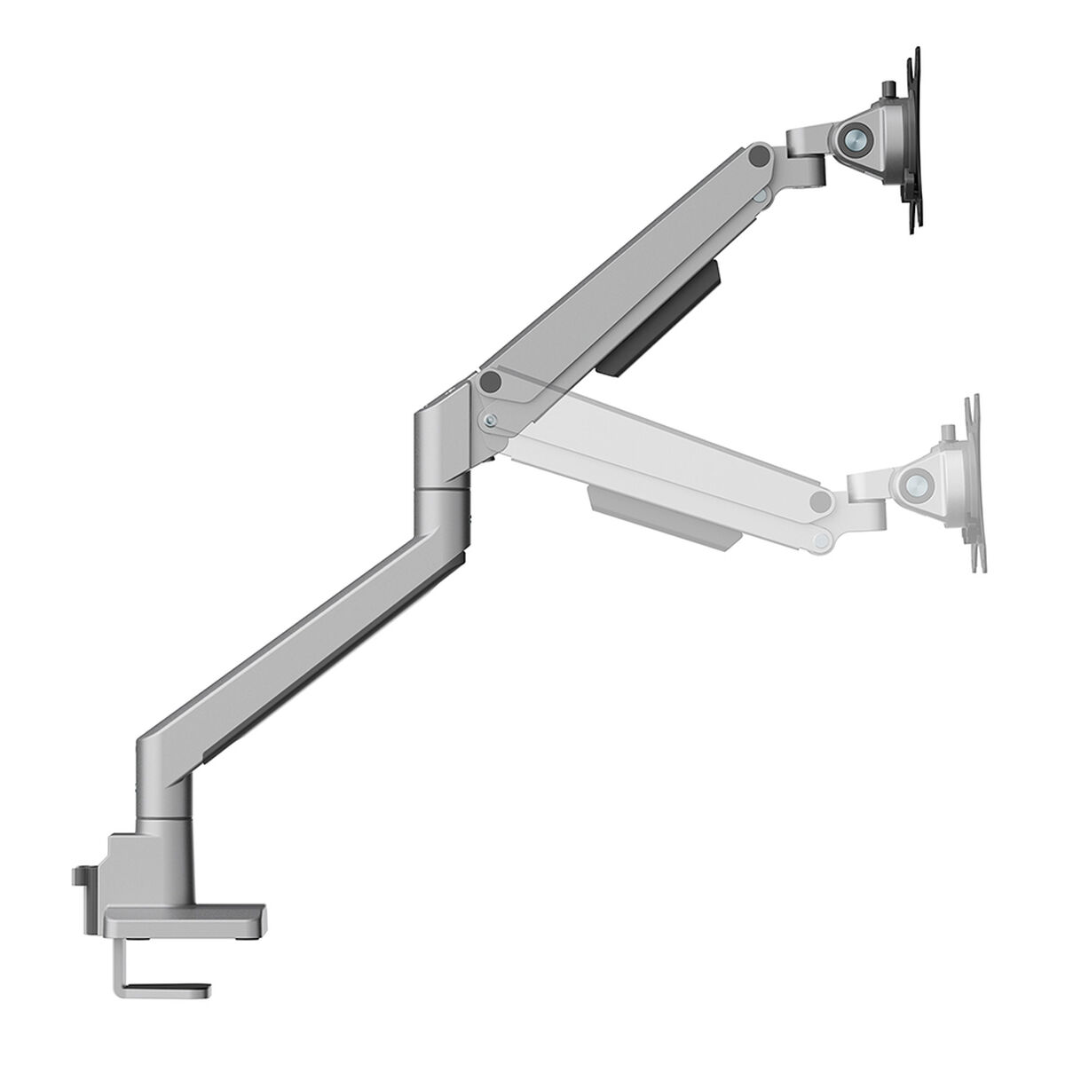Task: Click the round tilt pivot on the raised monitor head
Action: (856, 136)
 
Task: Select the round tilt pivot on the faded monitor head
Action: (913, 485)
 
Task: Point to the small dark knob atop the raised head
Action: (888, 91)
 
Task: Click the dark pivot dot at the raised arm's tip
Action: (756, 156)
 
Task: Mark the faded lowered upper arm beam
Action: (657, 453)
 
